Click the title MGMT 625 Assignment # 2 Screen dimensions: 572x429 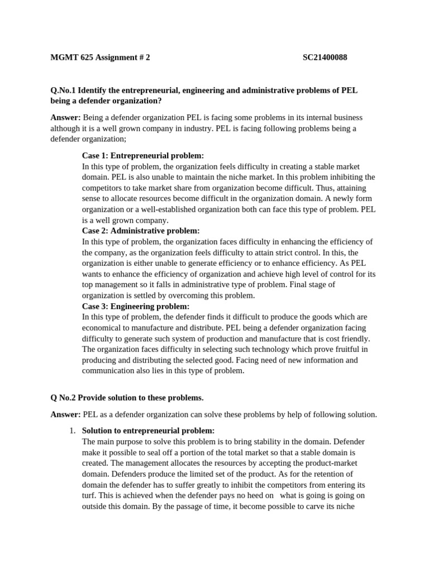click(x=100, y=58)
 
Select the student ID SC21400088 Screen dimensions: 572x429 click(x=325, y=58)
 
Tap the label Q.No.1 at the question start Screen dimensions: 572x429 click(x=64, y=90)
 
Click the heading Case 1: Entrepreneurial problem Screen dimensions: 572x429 click(x=142, y=155)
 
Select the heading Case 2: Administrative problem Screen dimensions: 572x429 click(x=140, y=231)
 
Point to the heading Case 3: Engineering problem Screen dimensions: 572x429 click(x=136, y=306)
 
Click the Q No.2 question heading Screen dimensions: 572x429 click(x=127, y=398)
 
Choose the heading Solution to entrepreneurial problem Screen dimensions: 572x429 click(x=148, y=431)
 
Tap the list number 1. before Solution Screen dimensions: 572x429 click(x=71, y=431)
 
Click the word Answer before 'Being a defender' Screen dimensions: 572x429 click(x=65, y=117)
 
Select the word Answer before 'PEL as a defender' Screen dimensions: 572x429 click(x=65, y=414)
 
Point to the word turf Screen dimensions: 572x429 click(x=89, y=495)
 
